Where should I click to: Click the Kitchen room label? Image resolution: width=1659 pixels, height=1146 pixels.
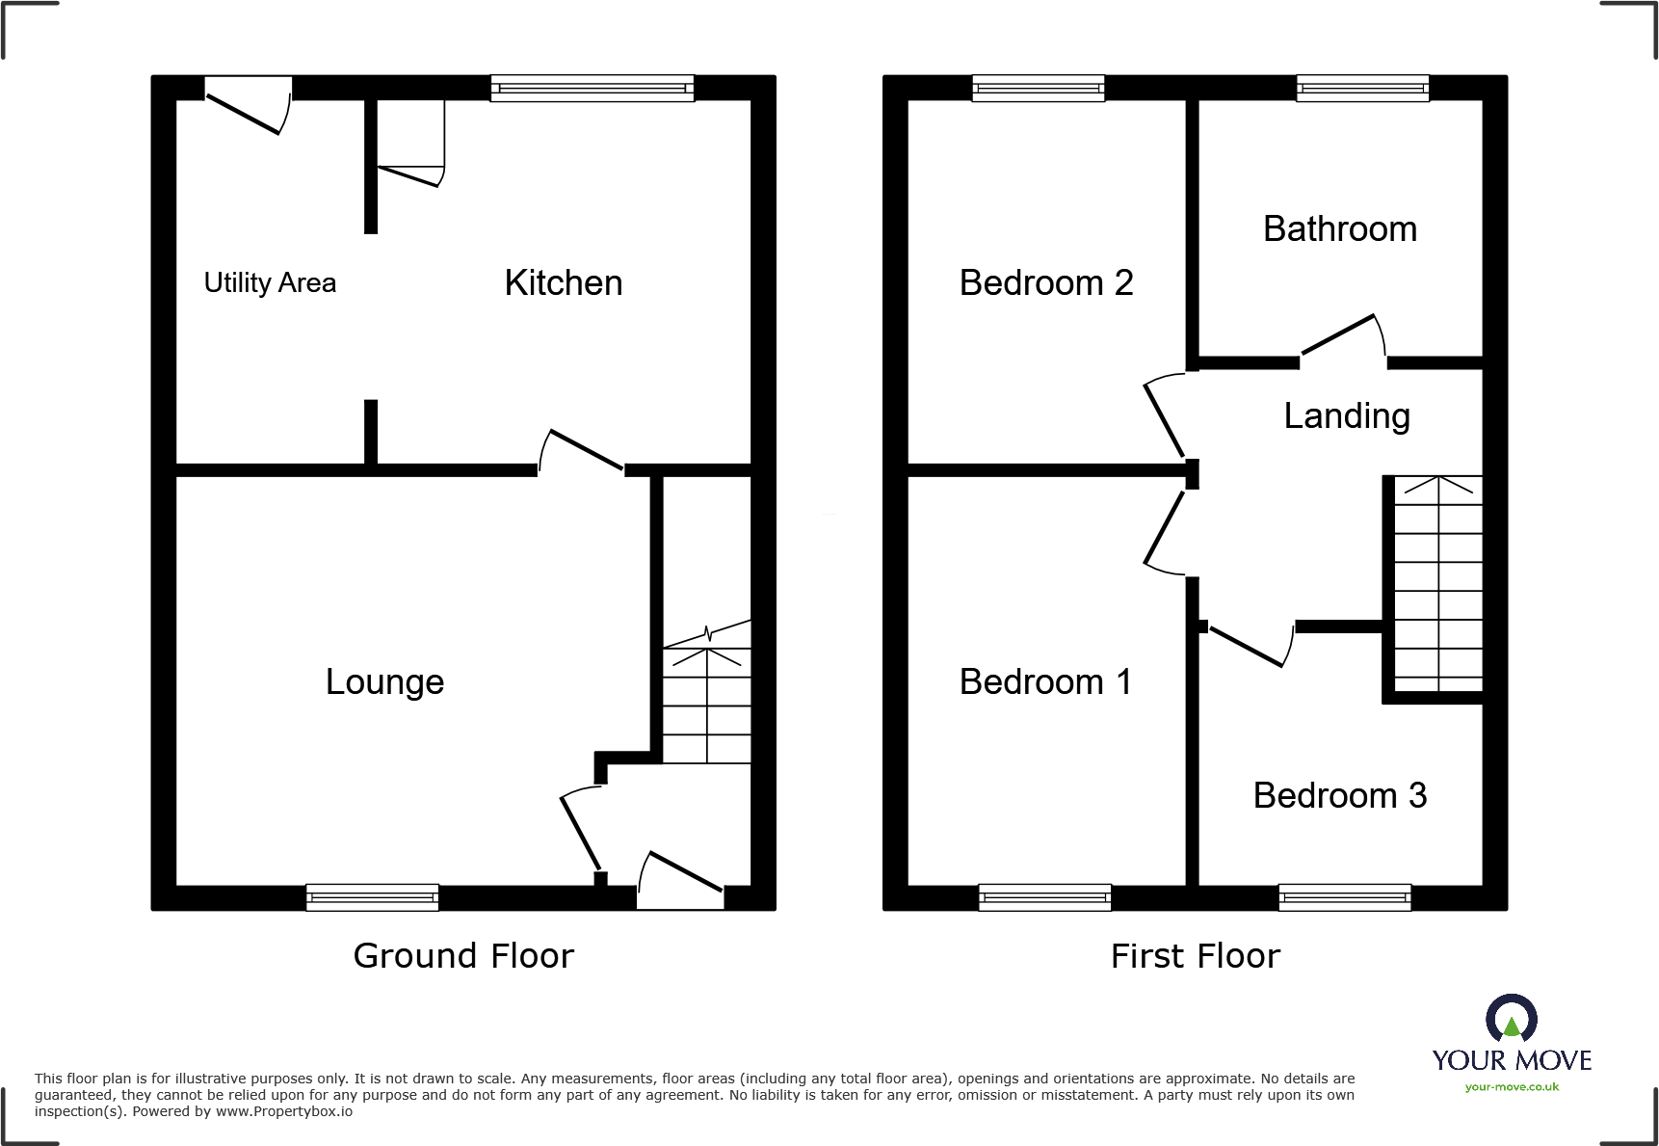pos(564,283)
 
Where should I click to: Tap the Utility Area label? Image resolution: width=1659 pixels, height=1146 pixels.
pos(270,283)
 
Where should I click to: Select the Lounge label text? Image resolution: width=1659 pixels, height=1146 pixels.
pos(384,682)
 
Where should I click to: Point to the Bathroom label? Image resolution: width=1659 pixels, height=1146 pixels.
pos(1340,229)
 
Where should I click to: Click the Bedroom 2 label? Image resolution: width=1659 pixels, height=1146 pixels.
pos(1046,283)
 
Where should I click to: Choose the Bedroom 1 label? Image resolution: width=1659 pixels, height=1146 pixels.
pos(1045,682)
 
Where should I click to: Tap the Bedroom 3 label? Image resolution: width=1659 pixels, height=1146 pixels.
pos(1340,796)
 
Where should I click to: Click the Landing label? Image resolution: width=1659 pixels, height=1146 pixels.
pos(1347,416)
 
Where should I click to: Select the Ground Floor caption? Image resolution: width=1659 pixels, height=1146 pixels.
pos(463,956)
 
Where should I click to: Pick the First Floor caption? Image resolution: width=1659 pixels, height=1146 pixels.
pos(1196,956)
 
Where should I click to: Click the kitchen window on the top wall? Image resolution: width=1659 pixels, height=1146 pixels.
pos(592,89)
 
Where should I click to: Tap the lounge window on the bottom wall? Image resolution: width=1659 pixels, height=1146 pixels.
pos(373,897)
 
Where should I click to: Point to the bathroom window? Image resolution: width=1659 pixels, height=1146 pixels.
pos(1362,89)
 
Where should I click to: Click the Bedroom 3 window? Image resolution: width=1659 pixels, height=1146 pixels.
pos(1345,897)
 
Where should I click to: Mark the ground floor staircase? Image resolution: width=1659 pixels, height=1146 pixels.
pos(707,704)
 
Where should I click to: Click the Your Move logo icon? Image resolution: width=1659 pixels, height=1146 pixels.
pos(1512,1019)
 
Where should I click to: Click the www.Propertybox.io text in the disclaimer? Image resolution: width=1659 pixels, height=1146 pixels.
pos(284,1112)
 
